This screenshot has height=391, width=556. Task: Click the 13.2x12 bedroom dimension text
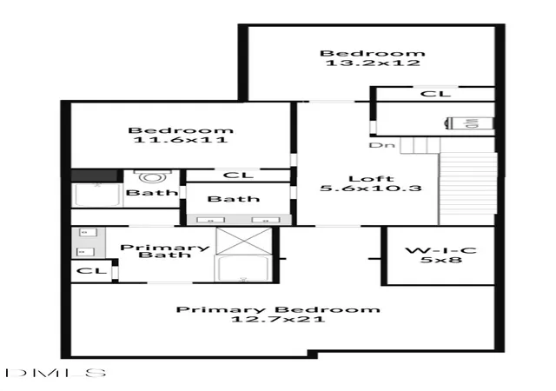(373, 63)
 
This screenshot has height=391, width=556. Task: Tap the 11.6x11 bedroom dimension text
(181, 139)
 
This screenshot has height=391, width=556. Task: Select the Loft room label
(371, 179)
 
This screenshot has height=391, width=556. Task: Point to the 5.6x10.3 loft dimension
(371, 188)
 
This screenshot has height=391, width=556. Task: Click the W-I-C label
(440, 250)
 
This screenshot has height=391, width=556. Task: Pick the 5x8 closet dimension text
(441, 260)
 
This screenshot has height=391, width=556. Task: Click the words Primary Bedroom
(278, 309)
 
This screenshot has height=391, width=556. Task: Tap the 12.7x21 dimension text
(278, 319)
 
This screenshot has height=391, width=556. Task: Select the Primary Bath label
(165, 251)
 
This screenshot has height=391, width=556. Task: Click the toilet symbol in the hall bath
(153, 176)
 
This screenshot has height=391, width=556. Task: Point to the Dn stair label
(382, 145)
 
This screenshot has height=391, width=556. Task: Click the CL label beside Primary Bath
(91, 271)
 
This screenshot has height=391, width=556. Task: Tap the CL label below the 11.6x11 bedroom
(238, 176)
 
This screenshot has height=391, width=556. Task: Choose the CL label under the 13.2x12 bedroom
(435, 94)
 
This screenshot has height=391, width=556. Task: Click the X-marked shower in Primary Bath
(244, 241)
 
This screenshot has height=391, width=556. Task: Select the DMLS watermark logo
(56, 373)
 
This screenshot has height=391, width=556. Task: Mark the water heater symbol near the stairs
(469, 123)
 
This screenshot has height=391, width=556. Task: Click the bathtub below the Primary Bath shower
(242, 268)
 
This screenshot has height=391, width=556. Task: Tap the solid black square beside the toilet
(95, 176)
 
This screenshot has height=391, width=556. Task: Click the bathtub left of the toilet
(97, 195)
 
